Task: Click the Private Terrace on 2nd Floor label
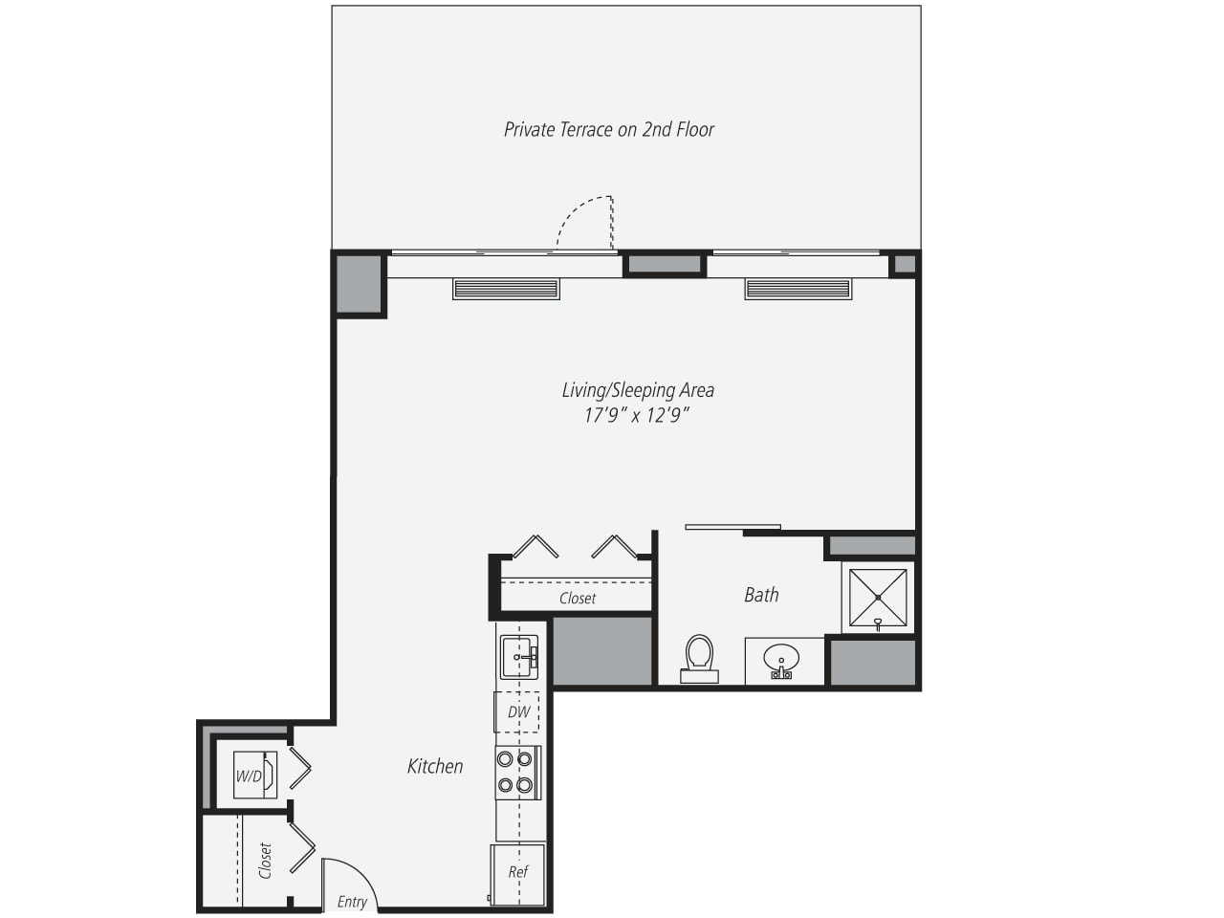pos(608,129)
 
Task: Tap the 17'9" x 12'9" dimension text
pos(637,415)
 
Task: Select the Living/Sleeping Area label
pos(638,390)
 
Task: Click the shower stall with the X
pos(878,598)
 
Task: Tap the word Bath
pos(761,595)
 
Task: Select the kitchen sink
pos(519,657)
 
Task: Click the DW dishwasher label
pos(518,711)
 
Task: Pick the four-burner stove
pos(518,773)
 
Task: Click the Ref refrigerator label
pos(517,872)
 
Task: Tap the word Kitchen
pos(435,766)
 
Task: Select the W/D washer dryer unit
pos(254,775)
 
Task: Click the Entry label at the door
pos(352,903)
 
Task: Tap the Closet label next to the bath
pos(578,598)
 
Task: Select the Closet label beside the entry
pos(266,862)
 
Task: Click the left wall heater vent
pos(506,289)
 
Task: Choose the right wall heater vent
pos(798,289)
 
